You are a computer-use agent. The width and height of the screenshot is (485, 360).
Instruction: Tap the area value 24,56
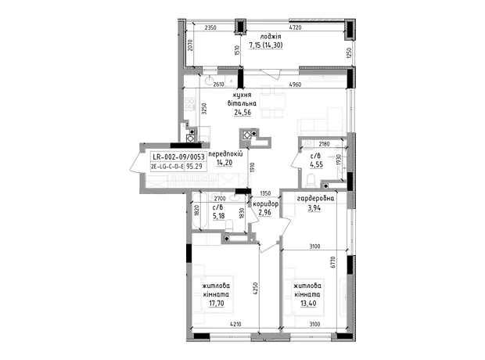coord(242,113)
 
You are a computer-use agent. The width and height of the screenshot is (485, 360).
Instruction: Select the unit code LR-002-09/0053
coord(178,157)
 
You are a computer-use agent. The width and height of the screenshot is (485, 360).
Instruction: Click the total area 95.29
coord(195,167)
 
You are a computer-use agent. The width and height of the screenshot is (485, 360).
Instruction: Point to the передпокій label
coord(225,154)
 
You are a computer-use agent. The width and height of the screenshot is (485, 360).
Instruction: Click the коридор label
coord(266,204)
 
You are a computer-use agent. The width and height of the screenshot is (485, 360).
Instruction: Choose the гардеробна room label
coord(315,199)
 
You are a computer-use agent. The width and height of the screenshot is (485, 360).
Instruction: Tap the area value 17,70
coord(216,304)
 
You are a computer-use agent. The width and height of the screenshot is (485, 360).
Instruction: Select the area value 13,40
coord(308,304)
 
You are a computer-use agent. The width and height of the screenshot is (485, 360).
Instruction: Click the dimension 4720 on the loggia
coord(295,27)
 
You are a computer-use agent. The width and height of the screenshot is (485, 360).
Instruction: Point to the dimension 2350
coord(210,27)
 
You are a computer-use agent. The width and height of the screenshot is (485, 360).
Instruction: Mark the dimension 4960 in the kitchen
coord(295,85)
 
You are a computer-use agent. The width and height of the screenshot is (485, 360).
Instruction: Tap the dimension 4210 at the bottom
coord(235,324)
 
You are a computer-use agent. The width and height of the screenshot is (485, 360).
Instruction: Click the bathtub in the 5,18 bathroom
coord(200,211)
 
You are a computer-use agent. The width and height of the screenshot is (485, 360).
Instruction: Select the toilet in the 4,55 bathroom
coord(310,180)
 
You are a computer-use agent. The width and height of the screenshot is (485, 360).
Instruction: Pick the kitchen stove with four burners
coord(189,104)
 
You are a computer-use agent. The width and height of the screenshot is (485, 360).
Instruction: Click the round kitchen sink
coord(210,81)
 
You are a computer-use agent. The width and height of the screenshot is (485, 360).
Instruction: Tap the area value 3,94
coord(314,208)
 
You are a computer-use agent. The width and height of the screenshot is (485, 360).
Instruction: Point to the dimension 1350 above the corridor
coord(265,193)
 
